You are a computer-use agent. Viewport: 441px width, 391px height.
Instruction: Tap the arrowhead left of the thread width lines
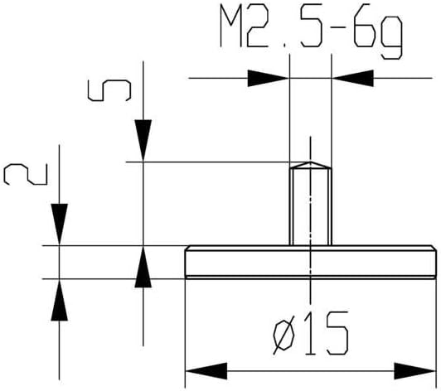click(x=267, y=80)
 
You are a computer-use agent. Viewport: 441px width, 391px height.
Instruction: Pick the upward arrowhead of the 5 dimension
click(x=143, y=268)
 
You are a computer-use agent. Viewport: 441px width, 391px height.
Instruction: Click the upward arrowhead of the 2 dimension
click(x=60, y=300)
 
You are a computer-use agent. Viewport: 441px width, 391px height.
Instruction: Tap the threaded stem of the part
click(x=310, y=207)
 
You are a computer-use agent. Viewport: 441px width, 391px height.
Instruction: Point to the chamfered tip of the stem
click(x=310, y=166)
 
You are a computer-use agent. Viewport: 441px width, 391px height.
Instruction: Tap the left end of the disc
click(x=186, y=262)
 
